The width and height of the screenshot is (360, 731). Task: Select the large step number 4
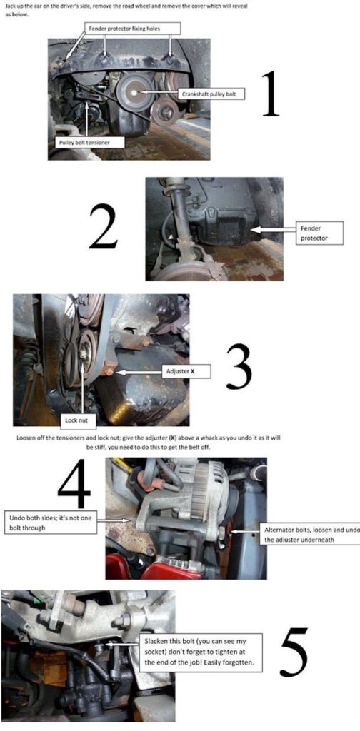(x=74, y=485)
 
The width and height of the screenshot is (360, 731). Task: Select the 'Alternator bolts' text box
(x=309, y=534)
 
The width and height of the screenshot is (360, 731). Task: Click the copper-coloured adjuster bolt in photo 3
(x=109, y=370)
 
